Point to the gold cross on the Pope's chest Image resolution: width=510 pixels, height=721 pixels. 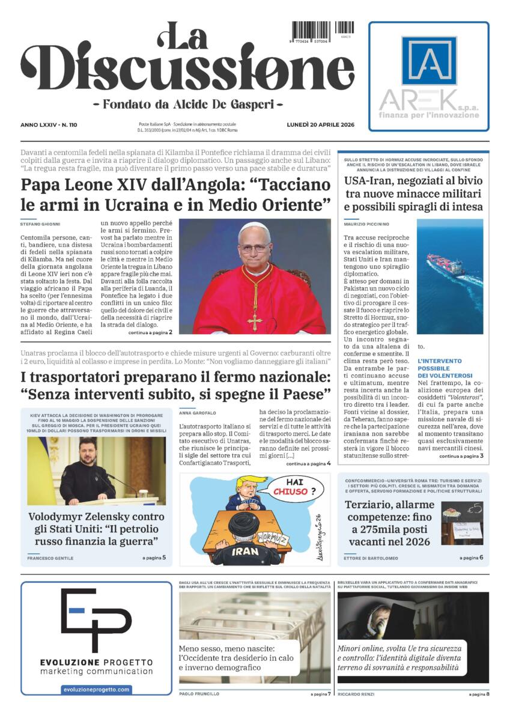[x=254, y=320]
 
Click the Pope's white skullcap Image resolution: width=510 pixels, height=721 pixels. [x=255, y=228]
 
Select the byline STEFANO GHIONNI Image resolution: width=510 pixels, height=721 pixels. [x=40, y=224]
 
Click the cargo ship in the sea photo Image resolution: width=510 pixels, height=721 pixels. [x=445, y=265]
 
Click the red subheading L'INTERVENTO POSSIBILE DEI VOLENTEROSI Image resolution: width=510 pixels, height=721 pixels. [x=440, y=368]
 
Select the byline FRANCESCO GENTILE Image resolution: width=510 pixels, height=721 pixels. [x=50, y=558]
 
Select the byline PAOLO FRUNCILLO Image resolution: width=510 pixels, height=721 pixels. [x=199, y=694]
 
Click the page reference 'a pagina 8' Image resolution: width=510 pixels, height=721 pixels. [x=479, y=694]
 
